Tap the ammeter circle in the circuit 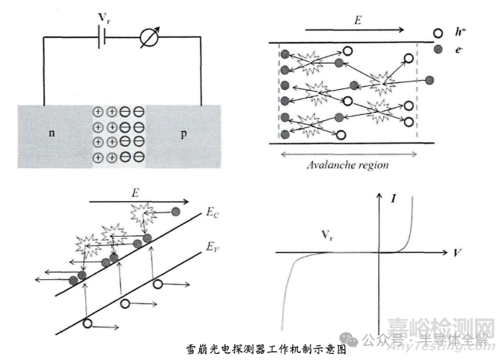tap(148, 37)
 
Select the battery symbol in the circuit tap(102, 37)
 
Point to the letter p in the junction tap(184, 133)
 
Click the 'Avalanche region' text tap(347, 164)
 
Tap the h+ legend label tap(463, 33)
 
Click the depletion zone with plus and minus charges tap(118, 133)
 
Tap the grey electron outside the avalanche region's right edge tap(429, 79)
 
